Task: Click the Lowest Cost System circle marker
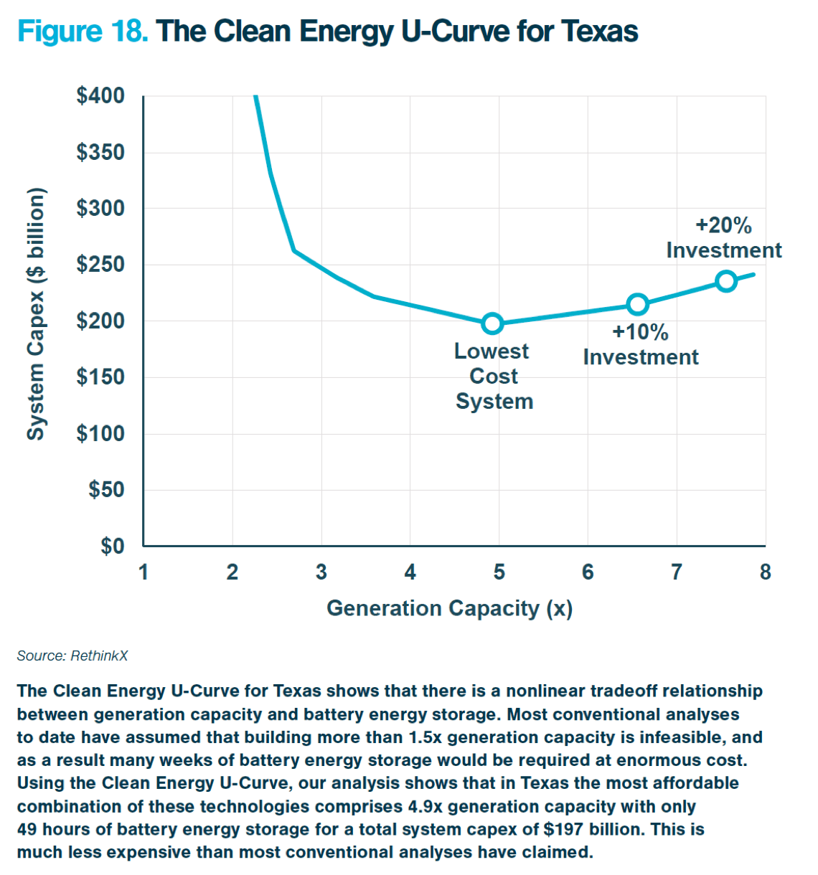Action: point(492,323)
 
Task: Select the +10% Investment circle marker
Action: point(637,304)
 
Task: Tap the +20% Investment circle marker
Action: point(726,281)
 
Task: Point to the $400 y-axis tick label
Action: point(100,95)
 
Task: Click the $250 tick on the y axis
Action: point(100,265)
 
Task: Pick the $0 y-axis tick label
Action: point(112,547)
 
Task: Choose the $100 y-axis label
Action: point(100,433)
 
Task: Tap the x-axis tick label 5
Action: point(499,572)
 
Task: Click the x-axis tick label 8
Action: point(766,572)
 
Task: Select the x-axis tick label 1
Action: point(144,572)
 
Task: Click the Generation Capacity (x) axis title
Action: point(449,608)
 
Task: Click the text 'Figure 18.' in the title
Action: point(83,32)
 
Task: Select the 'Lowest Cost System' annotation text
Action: point(494,376)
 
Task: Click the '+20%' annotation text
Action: point(723,225)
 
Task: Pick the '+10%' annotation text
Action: point(640,332)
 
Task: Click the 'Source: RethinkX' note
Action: point(72,656)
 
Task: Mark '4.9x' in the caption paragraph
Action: point(426,806)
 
